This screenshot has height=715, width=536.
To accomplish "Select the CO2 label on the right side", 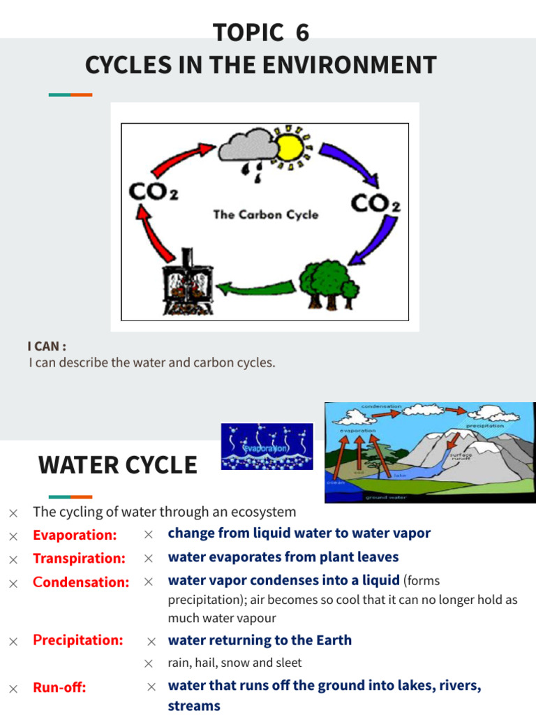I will coord(375,203).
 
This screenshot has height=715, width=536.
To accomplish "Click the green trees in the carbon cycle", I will coord(329,282).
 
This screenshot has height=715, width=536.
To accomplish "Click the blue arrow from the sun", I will coord(345,163).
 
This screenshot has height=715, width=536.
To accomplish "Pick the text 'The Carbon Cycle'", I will coord(265,214).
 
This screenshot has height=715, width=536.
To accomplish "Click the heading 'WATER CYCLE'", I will coord(117,464).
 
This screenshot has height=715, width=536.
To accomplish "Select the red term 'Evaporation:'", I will coord(75,536).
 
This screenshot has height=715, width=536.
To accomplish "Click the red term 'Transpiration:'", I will coord(79,559).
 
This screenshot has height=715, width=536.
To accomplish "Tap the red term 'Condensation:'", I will coord(81,582).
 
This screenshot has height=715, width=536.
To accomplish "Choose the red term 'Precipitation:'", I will coord(77,640).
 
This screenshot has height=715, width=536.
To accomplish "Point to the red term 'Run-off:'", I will coord(59,688).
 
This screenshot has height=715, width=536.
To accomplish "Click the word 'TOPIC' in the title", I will coord(239,33).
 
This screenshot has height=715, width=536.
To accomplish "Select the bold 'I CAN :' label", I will coord(47,347).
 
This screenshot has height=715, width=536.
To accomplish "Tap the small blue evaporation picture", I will coord(267,446).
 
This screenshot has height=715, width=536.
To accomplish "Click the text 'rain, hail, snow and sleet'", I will coord(234,663).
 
